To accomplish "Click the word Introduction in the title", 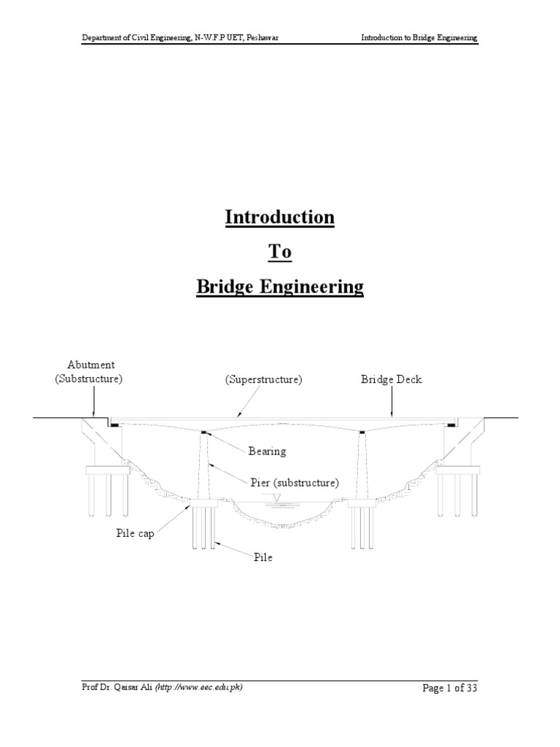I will (280, 217).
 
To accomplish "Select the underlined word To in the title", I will (280, 252).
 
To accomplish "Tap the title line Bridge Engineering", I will (280, 287).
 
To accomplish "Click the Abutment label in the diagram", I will (91, 365).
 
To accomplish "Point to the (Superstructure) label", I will (263, 380).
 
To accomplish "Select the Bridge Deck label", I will (392, 380).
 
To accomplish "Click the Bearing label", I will (267, 452).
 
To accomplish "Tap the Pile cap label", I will (135, 533).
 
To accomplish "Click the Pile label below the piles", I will (262, 558).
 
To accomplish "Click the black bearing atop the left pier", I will (205, 433).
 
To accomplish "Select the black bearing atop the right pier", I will (361, 433).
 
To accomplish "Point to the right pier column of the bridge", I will (361, 467).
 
